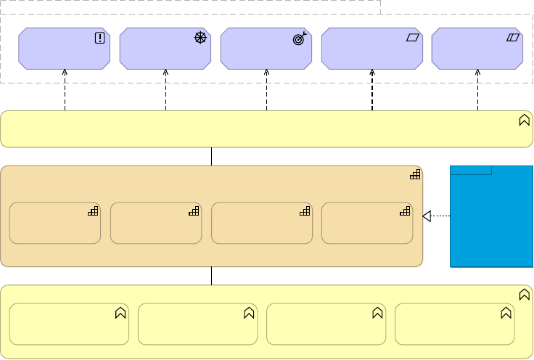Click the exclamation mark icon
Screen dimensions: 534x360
click(100, 38)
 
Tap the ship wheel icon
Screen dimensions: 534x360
click(201, 38)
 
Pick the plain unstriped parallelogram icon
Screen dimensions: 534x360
click(414, 38)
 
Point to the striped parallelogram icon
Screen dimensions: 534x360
click(514, 38)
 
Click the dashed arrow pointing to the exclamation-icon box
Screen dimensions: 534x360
click(65, 91)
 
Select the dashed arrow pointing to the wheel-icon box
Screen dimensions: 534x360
click(165, 91)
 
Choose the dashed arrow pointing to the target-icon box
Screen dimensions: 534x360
click(266, 91)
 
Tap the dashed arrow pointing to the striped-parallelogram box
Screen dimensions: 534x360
click(477, 91)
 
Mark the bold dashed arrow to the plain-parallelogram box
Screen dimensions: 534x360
click(372, 91)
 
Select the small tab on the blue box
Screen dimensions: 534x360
click(471, 171)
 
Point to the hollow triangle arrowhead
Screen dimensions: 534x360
click(427, 216)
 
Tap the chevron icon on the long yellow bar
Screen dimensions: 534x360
click(524, 120)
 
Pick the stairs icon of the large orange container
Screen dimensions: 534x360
click(415, 174)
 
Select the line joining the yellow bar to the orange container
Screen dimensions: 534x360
click(211, 156)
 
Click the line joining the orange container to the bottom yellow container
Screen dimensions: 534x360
click(211, 276)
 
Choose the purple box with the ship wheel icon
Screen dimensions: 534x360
click(165, 49)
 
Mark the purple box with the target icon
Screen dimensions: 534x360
click(266, 49)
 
